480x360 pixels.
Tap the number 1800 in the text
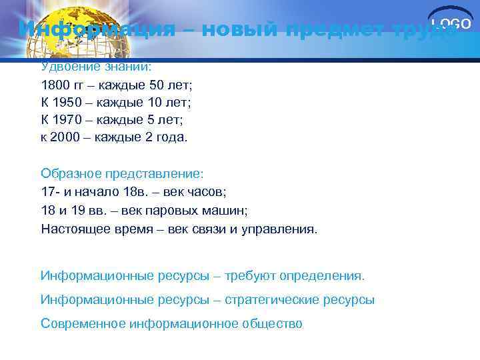pyautogui.click(x=55, y=85)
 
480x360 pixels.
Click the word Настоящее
pyautogui.click(x=74, y=229)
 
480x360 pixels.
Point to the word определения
pyautogui.click(x=327, y=275)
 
